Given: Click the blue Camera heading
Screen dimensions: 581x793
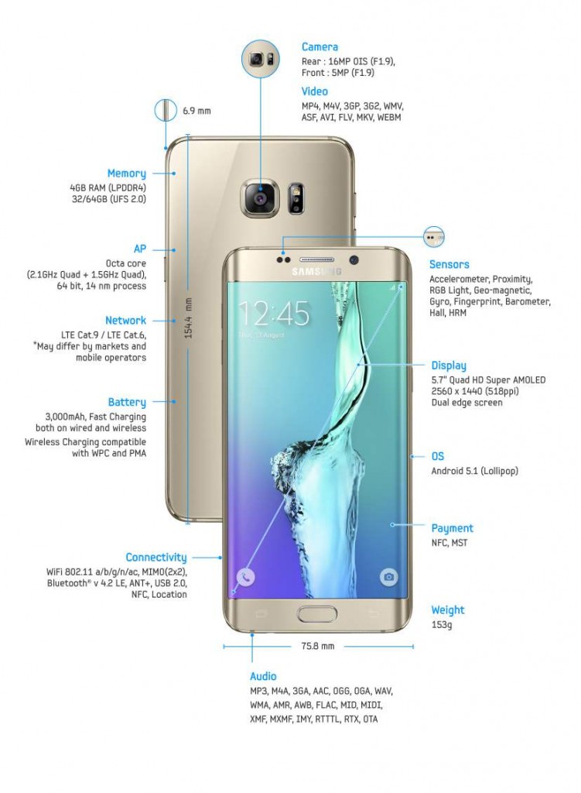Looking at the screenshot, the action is (x=320, y=47).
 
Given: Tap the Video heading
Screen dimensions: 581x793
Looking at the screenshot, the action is (x=315, y=91).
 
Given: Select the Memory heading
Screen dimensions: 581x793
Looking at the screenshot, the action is (x=127, y=173).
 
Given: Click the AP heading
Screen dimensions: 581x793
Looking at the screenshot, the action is (x=140, y=249).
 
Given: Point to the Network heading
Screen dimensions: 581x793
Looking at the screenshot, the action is (x=126, y=320).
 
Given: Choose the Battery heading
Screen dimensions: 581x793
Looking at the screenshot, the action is (x=128, y=403).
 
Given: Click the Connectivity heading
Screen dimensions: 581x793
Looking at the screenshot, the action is (x=156, y=558).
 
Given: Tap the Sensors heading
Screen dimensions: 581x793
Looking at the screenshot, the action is (x=449, y=265).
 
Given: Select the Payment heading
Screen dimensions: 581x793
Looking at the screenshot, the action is (x=452, y=528).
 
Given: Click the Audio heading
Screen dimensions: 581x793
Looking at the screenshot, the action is (x=263, y=677).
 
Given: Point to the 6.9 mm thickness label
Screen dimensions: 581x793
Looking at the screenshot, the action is (x=197, y=111).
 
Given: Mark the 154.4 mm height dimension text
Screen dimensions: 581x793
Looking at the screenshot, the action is (x=189, y=318).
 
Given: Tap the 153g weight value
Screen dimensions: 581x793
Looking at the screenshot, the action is (x=442, y=625).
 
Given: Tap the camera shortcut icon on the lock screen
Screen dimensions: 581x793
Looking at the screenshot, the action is (x=388, y=576).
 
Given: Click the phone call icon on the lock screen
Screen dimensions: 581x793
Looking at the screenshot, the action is (x=245, y=576).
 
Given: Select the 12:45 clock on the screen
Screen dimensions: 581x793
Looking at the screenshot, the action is (x=274, y=314).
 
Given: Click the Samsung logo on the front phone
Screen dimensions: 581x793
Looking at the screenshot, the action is (x=316, y=272).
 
